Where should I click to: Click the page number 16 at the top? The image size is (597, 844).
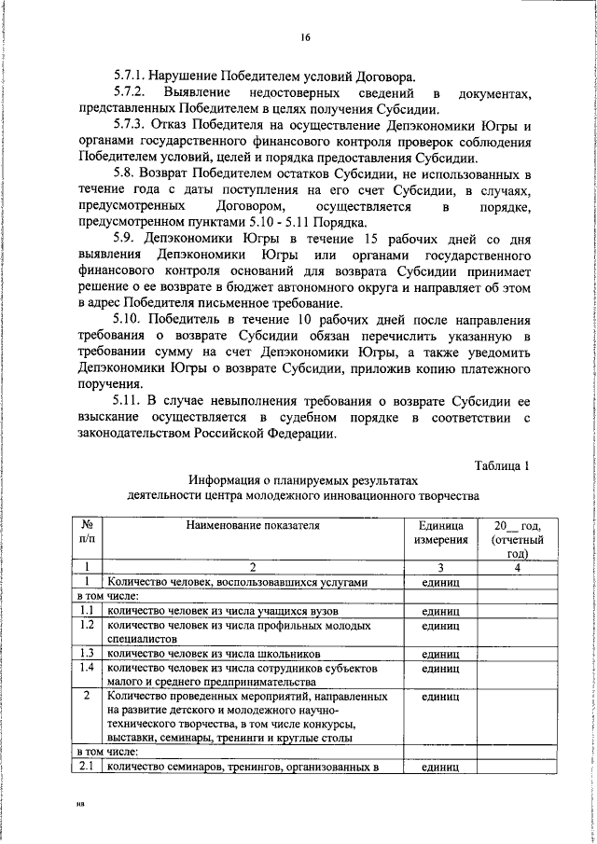point(304,37)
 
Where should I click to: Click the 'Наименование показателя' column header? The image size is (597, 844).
point(252,527)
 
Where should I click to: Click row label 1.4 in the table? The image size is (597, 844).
point(86,668)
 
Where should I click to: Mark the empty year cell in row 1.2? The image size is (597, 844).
point(509,632)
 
